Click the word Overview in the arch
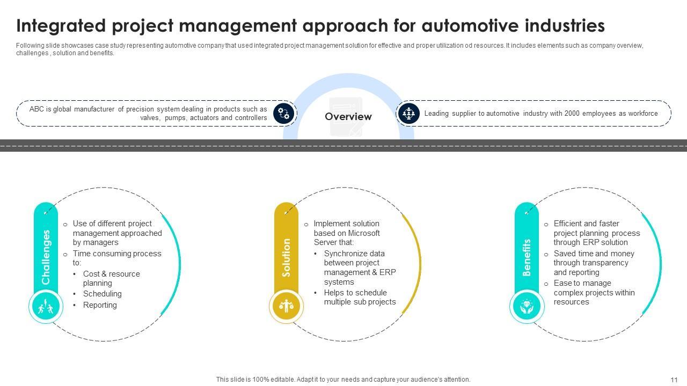click(348, 116)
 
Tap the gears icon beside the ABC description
click(283, 114)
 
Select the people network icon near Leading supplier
click(408, 113)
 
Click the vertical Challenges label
click(46, 257)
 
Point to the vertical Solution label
click(286, 258)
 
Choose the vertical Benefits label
click(527, 258)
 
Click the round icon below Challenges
click(46, 306)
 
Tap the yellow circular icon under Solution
click(286, 306)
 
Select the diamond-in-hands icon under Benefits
click(527, 306)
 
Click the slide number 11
click(674, 380)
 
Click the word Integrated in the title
click(61, 26)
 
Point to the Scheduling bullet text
click(103, 294)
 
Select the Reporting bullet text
click(100, 305)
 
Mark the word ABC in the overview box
click(37, 109)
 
